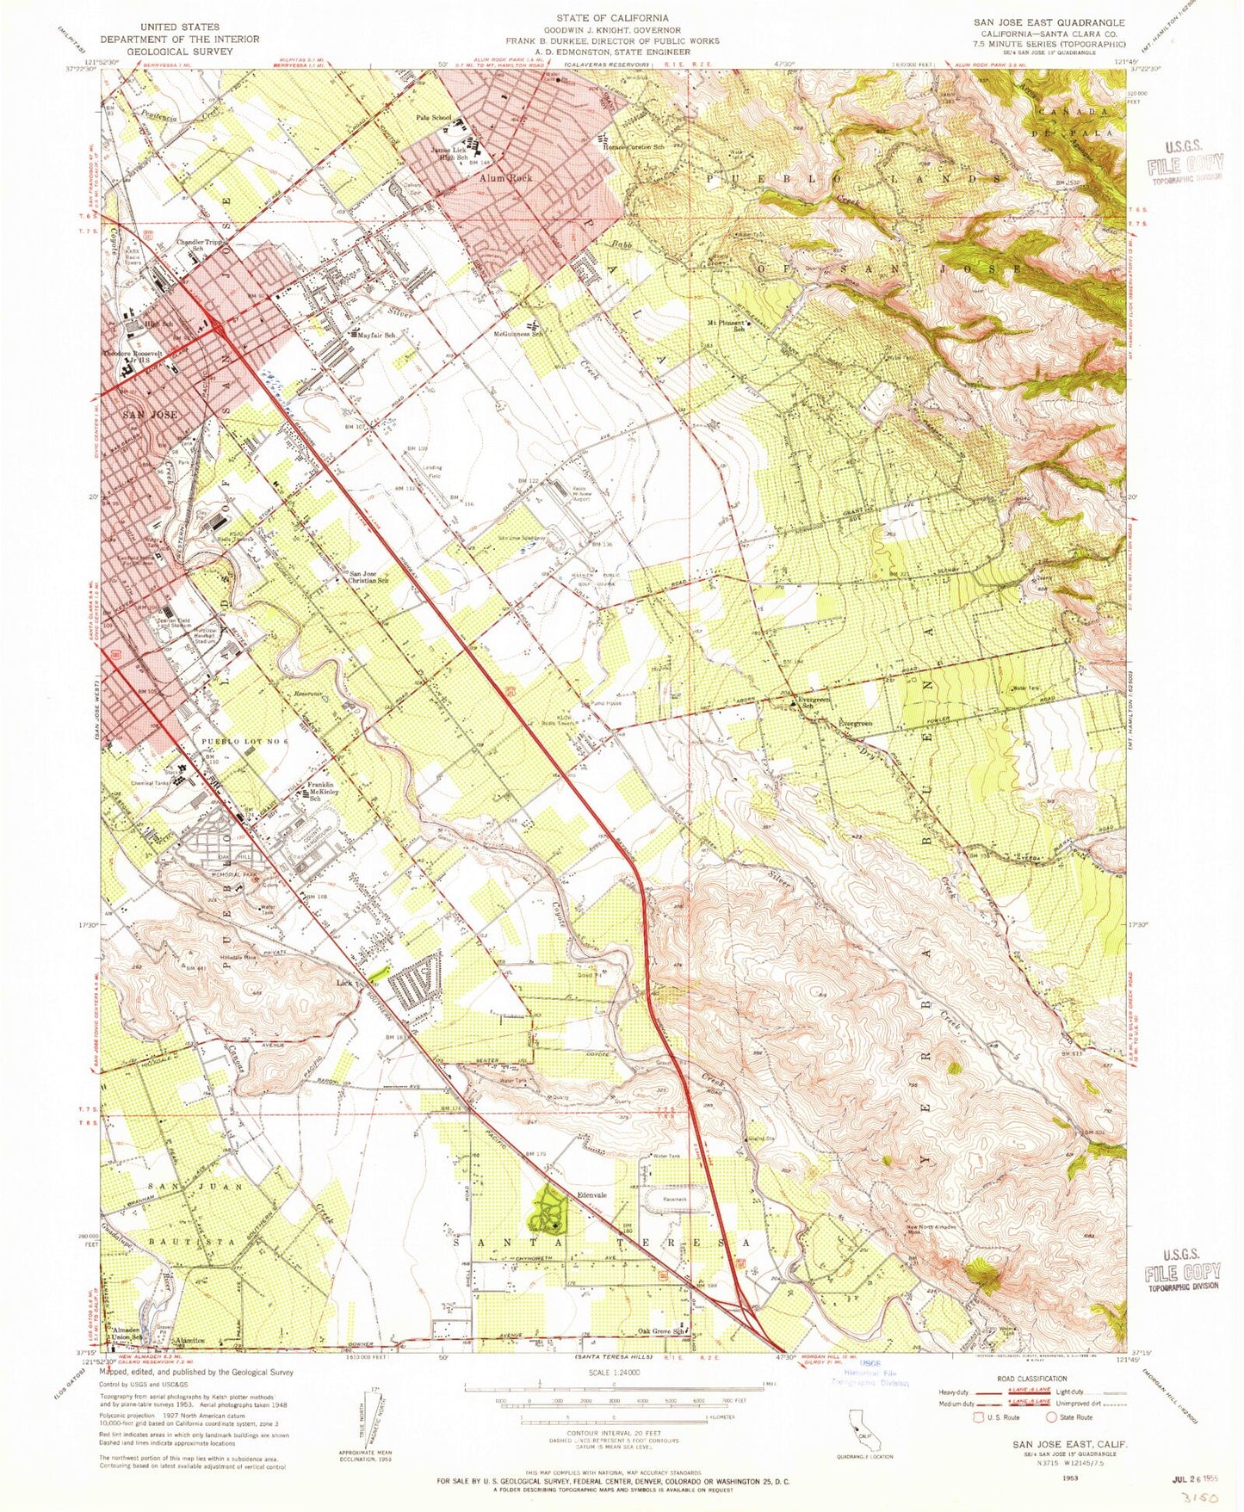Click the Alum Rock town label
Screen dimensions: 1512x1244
505,177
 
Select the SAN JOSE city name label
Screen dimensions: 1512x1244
151,415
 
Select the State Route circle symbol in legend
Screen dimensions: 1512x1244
1050,1417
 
